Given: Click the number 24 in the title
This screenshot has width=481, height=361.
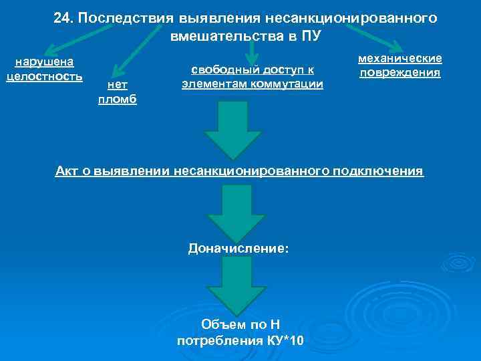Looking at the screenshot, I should click(62, 18).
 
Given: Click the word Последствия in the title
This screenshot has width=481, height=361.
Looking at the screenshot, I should click(116, 18).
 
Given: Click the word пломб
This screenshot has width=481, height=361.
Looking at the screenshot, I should click(118, 98).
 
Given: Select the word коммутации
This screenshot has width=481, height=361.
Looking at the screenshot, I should click(289, 84).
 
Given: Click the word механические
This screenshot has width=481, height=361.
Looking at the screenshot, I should click(400, 59).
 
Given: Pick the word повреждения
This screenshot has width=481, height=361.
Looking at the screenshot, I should click(400, 72).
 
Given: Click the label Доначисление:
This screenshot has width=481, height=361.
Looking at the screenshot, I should click(239, 248).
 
